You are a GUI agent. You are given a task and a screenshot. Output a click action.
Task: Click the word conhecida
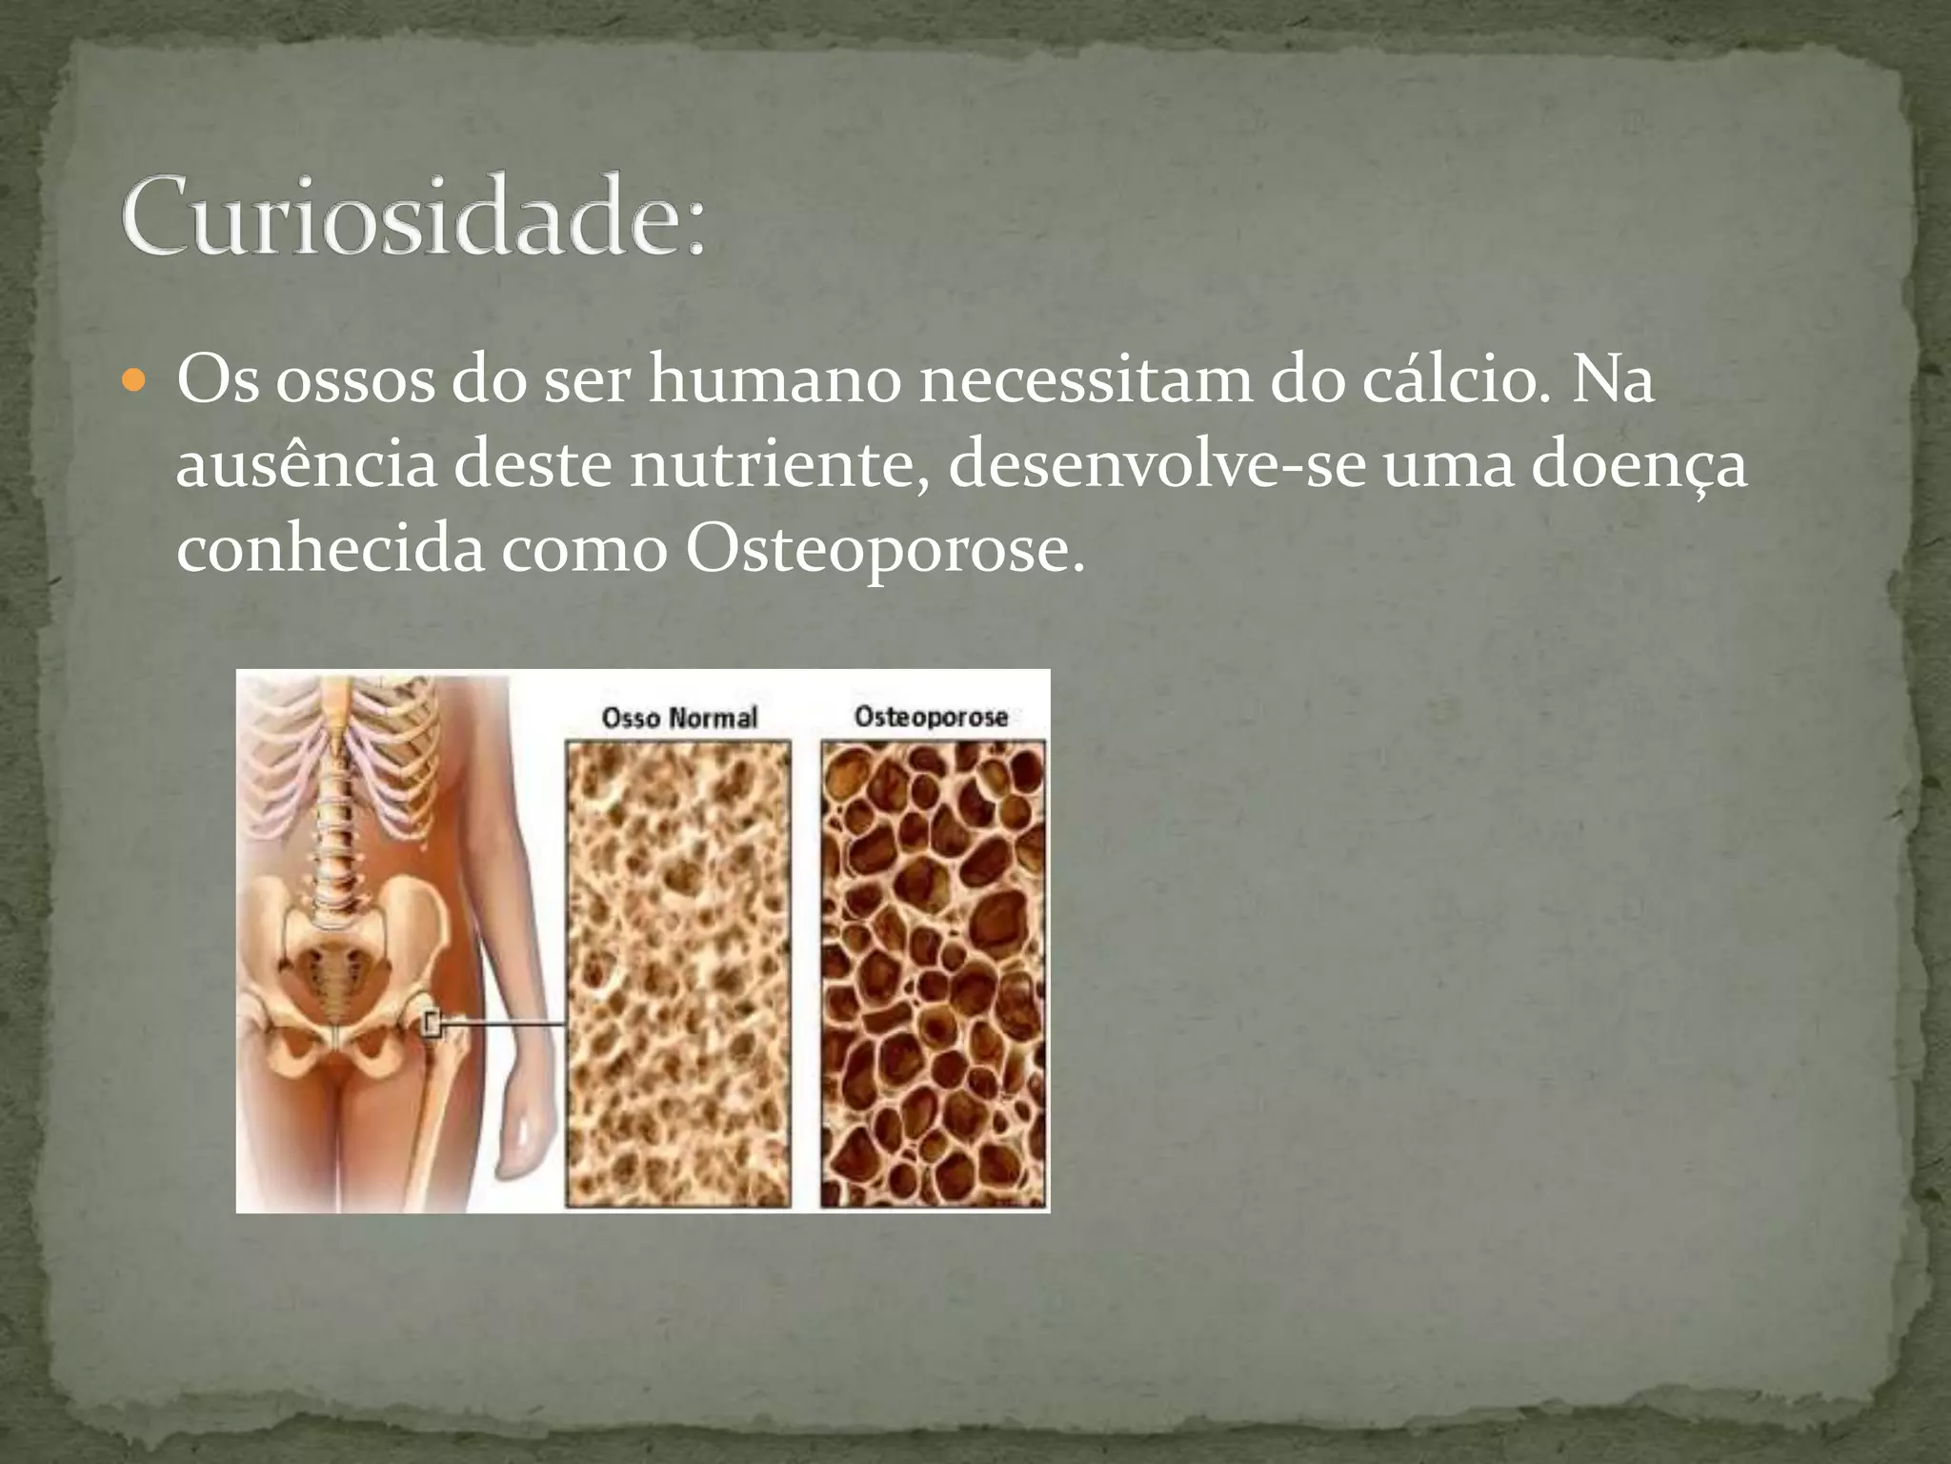[330, 550]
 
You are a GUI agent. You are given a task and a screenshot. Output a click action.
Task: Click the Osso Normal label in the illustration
[679, 718]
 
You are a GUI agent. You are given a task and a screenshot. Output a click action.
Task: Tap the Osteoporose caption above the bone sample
[931, 717]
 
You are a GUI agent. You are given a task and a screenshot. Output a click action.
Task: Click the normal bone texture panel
[678, 973]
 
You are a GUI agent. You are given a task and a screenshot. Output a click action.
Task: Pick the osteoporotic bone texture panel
[933, 973]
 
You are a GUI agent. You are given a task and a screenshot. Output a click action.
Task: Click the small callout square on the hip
[432, 1025]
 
